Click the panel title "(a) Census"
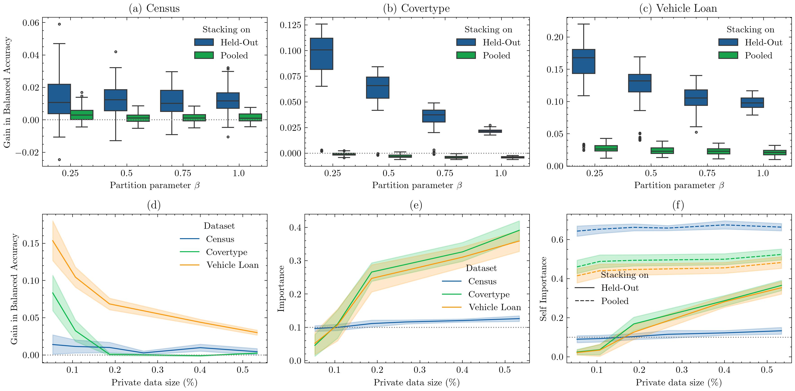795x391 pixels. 154,8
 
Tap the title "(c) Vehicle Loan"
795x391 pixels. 678,8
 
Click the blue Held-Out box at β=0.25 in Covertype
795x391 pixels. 321,54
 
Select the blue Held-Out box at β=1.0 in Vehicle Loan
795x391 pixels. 752,102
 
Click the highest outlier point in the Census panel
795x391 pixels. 59,24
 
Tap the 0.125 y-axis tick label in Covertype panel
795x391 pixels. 290,25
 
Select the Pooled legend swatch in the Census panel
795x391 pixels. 204,55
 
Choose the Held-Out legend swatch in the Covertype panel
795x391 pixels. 466,42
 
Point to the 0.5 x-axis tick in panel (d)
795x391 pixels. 243,370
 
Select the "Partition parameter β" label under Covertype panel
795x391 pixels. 417,185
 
